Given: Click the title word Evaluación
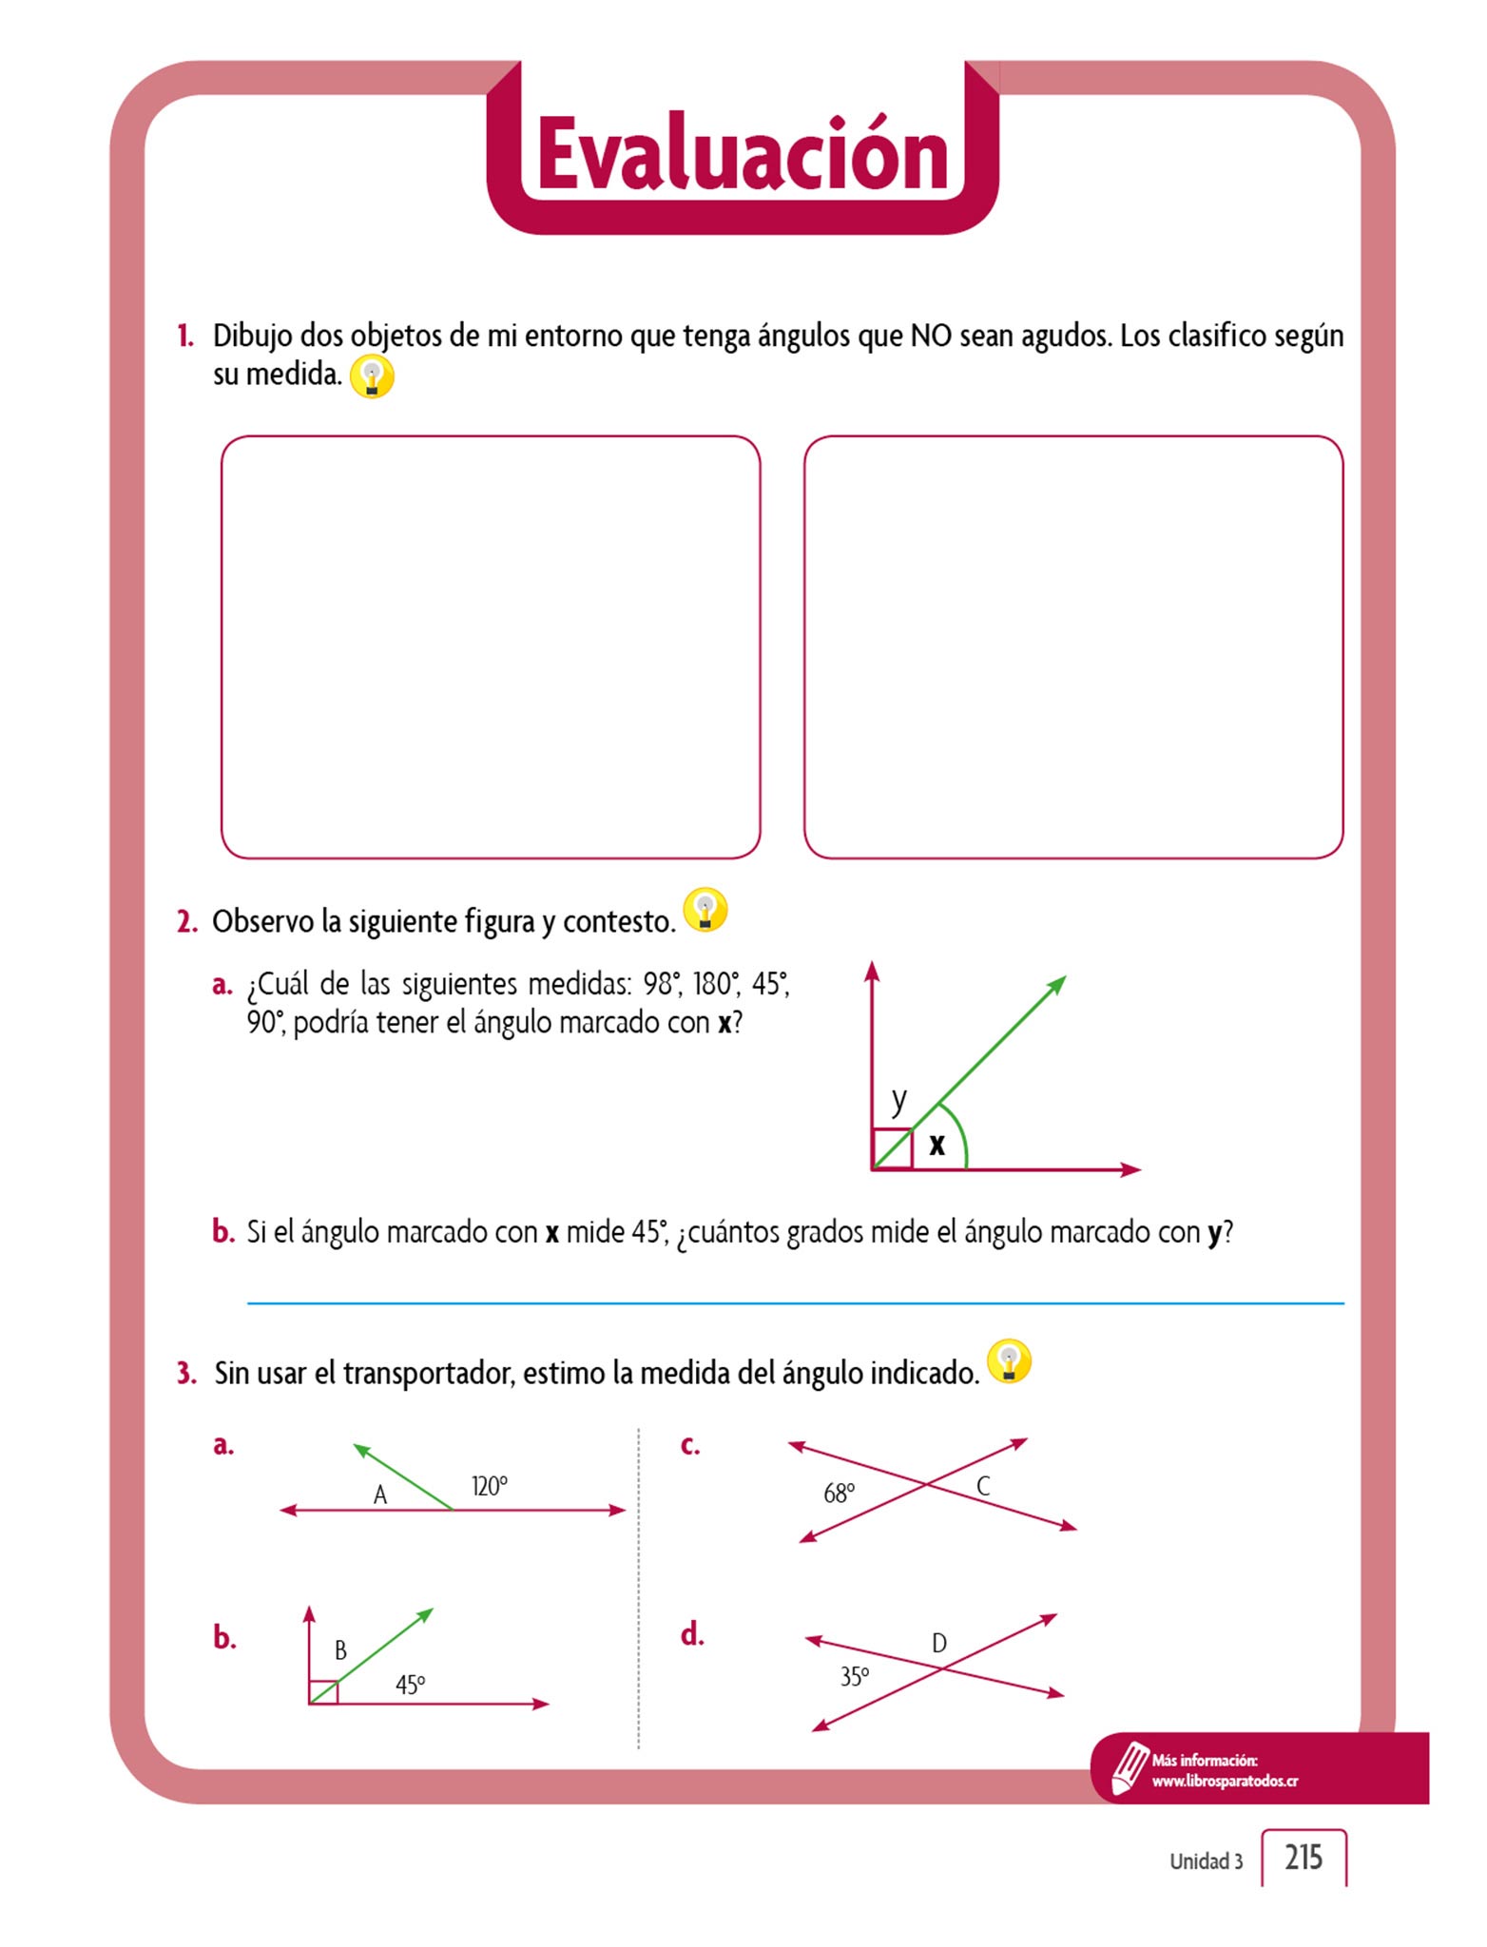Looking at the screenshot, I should pyautogui.click(x=743, y=155).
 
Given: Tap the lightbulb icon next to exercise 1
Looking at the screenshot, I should pyautogui.click(x=372, y=376).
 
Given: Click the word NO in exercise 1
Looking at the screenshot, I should pyautogui.click(x=931, y=336).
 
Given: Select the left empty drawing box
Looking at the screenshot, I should pyautogui.click(x=491, y=646).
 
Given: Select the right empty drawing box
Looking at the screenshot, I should pyautogui.click(x=1073, y=646).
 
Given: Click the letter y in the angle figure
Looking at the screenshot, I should pyautogui.click(x=898, y=1099).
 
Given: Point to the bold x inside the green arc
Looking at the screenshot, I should pyautogui.click(x=937, y=1144).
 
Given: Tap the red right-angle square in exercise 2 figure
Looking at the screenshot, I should pyautogui.click(x=892, y=1148).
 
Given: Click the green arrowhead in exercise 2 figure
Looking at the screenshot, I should pyautogui.click(x=1057, y=984).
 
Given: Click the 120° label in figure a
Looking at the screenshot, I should pyautogui.click(x=490, y=1486).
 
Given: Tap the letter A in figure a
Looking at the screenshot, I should pyautogui.click(x=380, y=1495).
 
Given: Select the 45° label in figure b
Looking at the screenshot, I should pyautogui.click(x=411, y=1685).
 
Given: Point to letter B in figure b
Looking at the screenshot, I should pyautogui.click(x=340, y=1650).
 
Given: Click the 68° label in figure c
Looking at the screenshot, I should pyautogui.click(x=839, y=1494).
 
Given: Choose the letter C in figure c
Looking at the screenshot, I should pyautogui.click(x=983, y=1486).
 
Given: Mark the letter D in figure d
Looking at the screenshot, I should pyautogui.click(x=939, y=1643).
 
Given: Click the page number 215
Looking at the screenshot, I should pyautogui.click(x=1304, y=1857).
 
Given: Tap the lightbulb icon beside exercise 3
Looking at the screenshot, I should pyautogui.click(x=1009, y=1361).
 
